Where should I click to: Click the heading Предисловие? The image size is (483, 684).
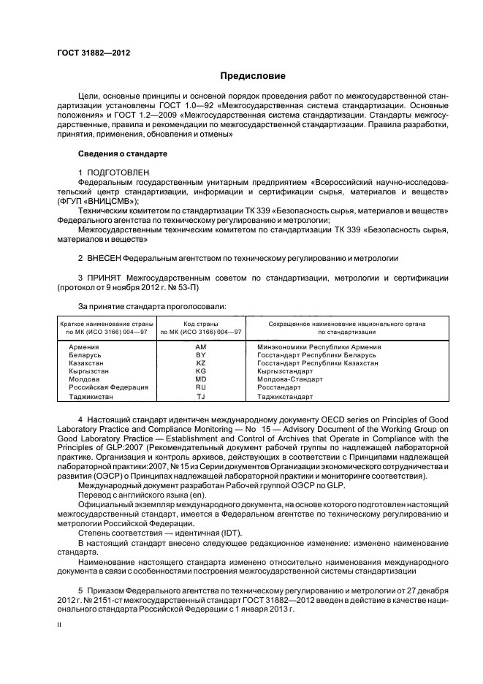(254, 76)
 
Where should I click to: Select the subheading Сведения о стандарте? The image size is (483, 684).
(123, 155)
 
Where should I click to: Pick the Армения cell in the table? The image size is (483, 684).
(84, 346)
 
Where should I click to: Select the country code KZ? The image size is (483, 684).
(201, 362)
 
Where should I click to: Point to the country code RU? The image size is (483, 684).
(201, 387)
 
